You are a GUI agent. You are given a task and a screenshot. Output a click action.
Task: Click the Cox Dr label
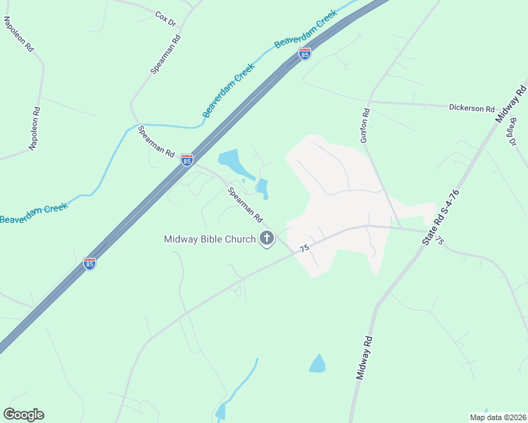tap(164, 14)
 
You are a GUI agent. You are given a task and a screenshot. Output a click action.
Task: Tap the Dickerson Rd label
tap(472, 109)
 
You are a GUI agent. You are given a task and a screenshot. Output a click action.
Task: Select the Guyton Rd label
tap(364, 126)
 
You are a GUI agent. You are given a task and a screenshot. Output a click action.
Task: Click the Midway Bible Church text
tap(210, 239)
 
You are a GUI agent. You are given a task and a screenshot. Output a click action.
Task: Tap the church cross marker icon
tap(267, 239)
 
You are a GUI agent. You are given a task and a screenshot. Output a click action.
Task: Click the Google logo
tap(23, 415)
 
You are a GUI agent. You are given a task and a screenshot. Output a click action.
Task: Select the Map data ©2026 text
tap(498, 417)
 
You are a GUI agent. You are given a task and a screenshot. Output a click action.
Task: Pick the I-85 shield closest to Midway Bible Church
tap(90, 264)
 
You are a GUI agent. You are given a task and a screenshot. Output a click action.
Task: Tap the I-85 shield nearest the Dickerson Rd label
tap(304, 54)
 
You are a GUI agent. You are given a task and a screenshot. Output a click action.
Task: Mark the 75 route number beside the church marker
tap(304, 249)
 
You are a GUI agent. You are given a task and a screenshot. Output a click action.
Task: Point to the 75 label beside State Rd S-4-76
tap(440, 241)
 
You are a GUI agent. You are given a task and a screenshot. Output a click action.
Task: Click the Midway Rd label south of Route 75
tap(364, 359)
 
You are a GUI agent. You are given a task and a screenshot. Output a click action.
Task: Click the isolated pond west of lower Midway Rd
tap(318, 363)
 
